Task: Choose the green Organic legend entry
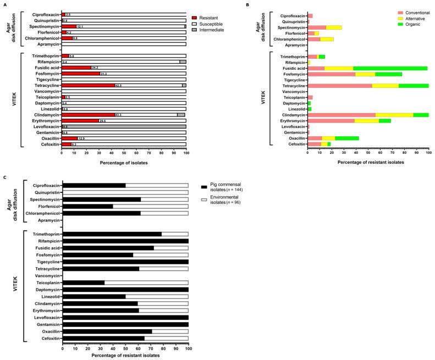[x=384, y=25]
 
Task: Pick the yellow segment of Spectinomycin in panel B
[x=334, y=27]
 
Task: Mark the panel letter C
[x=5, y=177]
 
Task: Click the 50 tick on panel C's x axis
[x=125, y=348]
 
